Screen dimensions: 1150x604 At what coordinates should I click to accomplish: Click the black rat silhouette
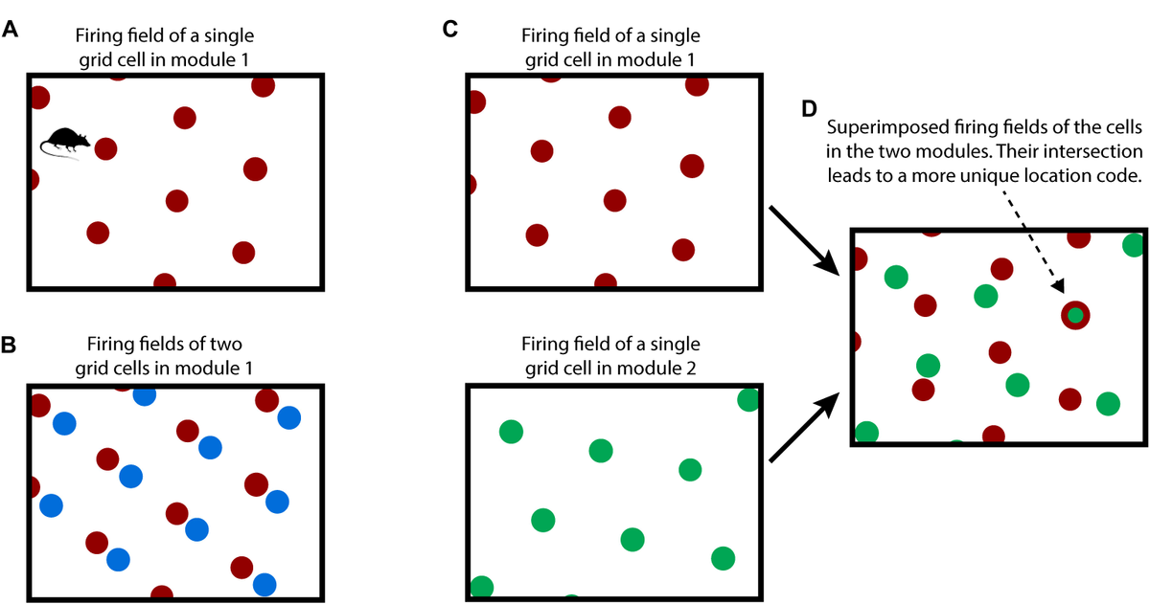click(65, 142)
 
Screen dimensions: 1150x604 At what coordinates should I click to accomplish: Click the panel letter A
click(11, 30)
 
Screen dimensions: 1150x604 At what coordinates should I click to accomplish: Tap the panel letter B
click(9, 345)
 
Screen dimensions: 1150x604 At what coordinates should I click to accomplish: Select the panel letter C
click(449, 30)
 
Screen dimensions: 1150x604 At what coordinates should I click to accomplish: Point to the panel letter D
click(809, 109)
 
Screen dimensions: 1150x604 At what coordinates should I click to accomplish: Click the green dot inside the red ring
click(1075, 315)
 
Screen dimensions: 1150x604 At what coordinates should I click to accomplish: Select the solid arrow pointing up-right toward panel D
click(804, 427)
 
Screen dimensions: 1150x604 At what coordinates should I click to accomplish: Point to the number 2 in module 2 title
click(691, 369)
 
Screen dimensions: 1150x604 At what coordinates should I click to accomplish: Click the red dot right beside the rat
click(105, 149)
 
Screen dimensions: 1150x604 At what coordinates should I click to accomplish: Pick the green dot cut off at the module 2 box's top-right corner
click(748, 399)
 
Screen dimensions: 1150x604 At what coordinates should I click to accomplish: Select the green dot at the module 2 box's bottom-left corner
click(481, 587)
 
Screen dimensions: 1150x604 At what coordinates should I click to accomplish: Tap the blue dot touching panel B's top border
click(145, 395)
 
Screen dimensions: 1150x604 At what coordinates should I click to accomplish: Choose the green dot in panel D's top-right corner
click(1134, 245)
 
